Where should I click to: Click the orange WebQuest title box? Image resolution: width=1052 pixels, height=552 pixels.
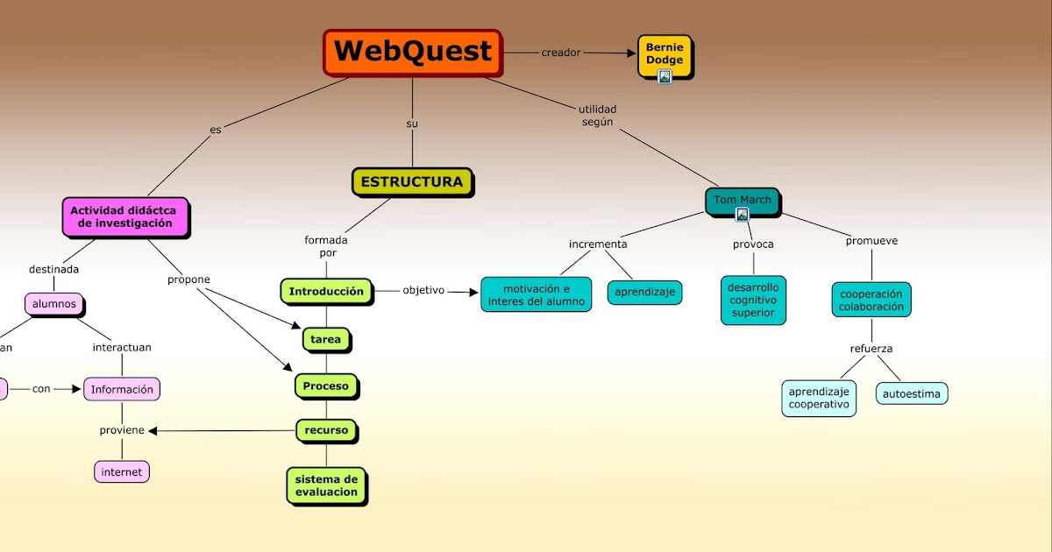coord(413,52)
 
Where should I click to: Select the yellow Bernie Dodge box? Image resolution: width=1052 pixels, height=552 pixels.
coord(665,54)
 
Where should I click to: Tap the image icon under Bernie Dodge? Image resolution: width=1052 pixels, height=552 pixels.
coord(665,77)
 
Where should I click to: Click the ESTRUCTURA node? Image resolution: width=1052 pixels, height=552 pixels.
coord(412,182)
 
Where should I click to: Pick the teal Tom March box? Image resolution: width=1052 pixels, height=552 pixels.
coord(742,201)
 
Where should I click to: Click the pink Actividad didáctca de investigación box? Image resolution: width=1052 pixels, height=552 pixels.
coord(124,216)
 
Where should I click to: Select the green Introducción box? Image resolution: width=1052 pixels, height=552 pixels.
coord(326,292)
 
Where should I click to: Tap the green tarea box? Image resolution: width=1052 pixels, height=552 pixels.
coord(326,339)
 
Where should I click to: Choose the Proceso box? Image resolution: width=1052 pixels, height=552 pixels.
coord(326,386)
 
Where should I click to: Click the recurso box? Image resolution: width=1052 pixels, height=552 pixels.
coord(327,430)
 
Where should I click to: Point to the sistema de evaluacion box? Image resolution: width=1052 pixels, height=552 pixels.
coord(326,485)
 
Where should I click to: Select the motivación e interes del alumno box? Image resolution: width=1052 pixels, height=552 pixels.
coord(536,295)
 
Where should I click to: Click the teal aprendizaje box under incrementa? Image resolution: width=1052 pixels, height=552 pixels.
coord(644,292)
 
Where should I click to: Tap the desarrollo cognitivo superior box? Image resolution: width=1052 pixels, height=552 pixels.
coord(753,301)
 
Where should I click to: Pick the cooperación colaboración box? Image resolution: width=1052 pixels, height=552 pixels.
coord(871,300)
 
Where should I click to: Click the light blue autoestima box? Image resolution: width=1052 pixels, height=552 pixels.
coord(912,394)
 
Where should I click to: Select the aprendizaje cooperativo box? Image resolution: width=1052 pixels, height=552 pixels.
coord(819,399)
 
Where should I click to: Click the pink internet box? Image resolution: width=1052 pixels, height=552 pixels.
coord(122,472)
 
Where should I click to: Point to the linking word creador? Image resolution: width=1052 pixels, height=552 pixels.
coord(561,53)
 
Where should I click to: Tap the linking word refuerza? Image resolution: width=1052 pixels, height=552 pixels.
coord(871,349)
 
